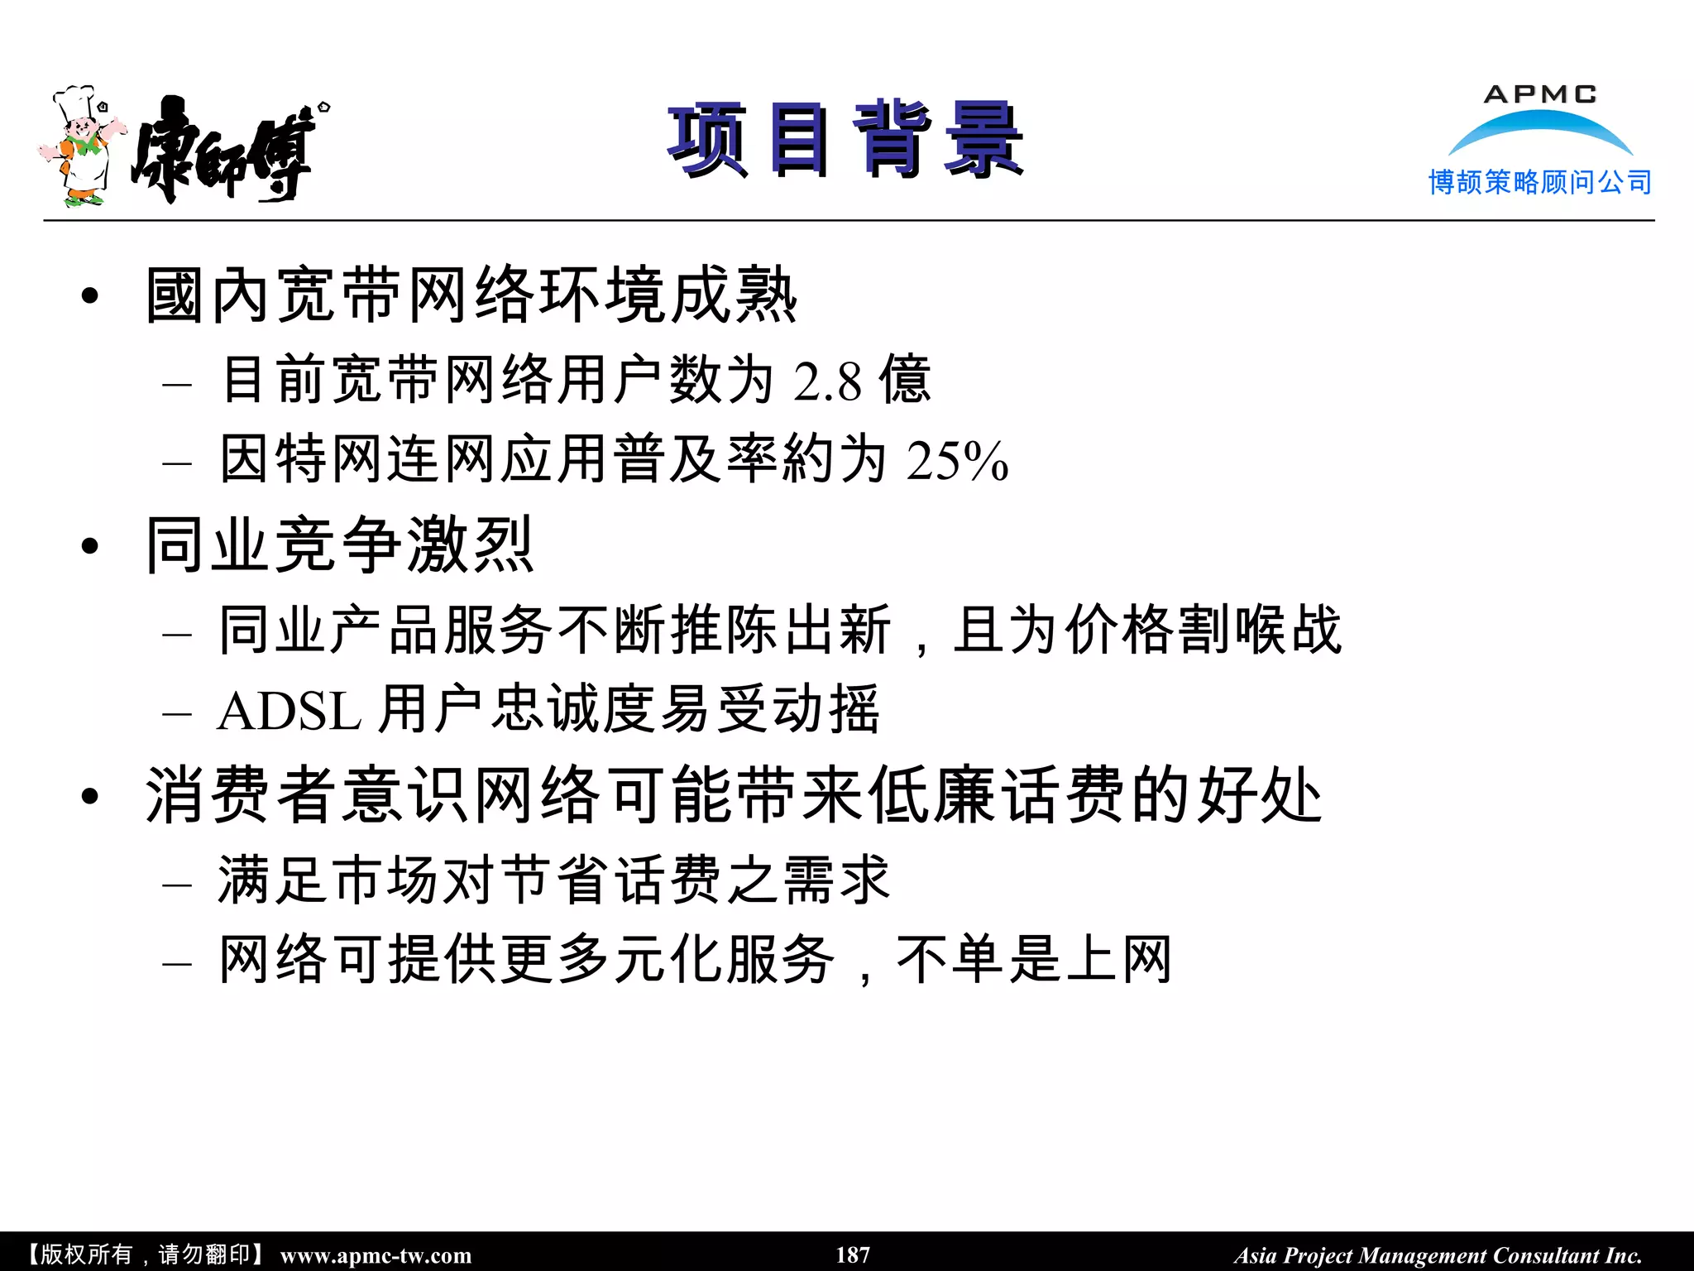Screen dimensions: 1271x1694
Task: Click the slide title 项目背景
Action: pos(845,141)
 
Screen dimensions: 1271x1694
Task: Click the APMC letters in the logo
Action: pos(1539,94)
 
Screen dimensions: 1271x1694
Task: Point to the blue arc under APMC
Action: pos(1539,128)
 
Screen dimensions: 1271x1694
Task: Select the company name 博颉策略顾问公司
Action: pos(1539,182)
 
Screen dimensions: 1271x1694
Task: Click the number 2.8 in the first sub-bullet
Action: pos(827,381)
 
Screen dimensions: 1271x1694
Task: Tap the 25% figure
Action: pos(957,460)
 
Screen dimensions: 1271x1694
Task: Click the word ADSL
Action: pos(289,711)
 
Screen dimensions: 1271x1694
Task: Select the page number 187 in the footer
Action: pos(852,1254)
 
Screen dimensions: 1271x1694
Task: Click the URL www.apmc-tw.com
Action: pos(376,1255)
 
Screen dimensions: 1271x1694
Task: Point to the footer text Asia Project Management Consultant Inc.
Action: pos(1438,1255)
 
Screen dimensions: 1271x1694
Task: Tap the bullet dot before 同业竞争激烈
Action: pos(90,546)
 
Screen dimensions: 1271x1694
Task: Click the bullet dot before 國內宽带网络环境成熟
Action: pos(90,295)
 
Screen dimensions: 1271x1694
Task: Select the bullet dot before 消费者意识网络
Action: pos(90,796)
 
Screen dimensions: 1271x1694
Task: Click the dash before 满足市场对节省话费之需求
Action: pos(177,885)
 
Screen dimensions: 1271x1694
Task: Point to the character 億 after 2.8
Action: pos(905,380)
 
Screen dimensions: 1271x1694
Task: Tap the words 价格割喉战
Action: pos(1203,630)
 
